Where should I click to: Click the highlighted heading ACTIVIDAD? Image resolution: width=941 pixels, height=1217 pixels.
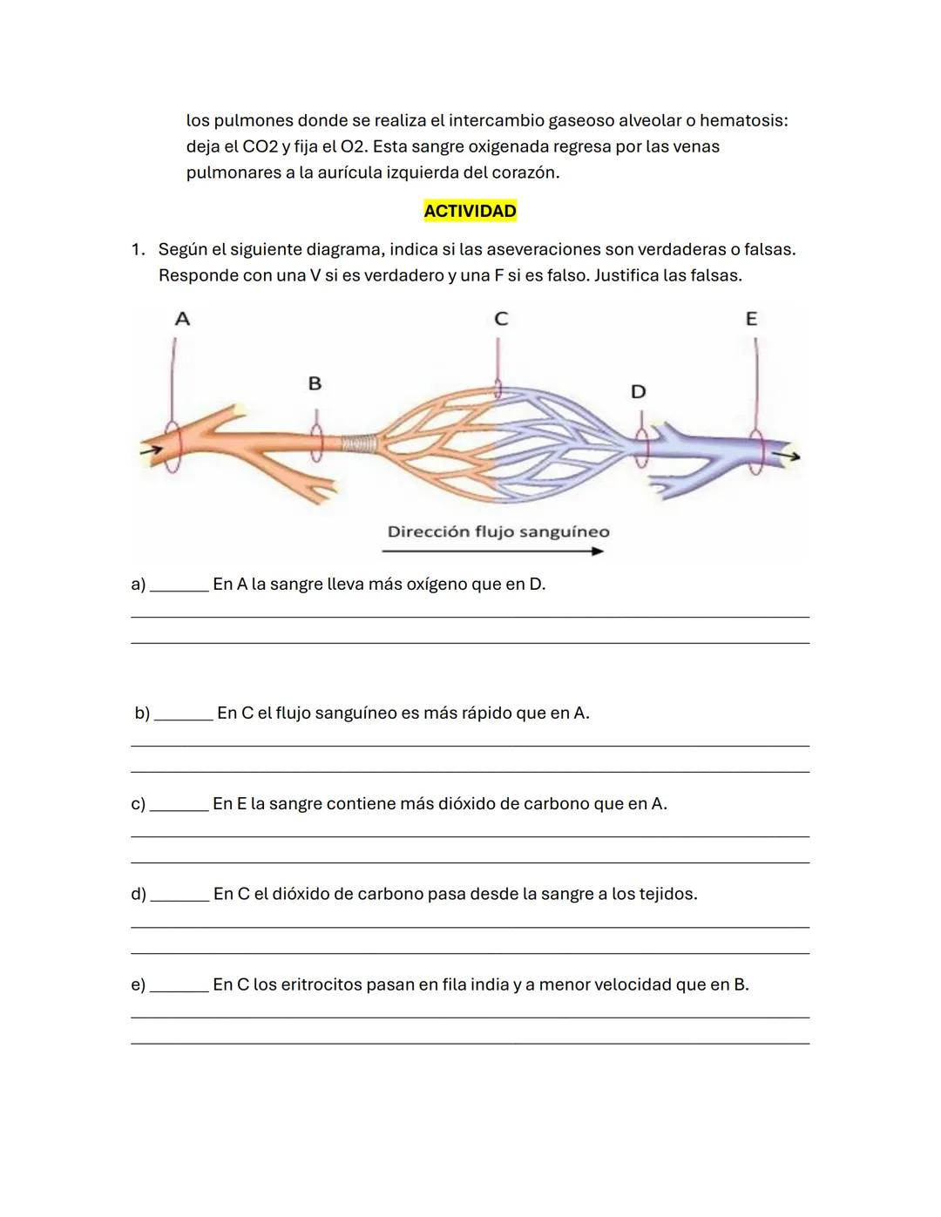pos(470,211)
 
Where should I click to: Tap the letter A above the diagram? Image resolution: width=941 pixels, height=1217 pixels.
pos(182,319)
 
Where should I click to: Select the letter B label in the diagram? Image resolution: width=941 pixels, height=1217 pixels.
pos(315,383)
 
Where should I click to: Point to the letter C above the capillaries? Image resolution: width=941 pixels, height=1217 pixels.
pos(500,319)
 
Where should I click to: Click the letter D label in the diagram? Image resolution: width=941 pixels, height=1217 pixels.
pos(638,392)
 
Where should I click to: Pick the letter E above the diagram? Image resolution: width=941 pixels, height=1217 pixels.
pos(751,319)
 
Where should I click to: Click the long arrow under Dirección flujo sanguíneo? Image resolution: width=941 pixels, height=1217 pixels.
pos(492,551)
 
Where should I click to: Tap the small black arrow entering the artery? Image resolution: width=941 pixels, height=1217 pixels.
pos(151,450)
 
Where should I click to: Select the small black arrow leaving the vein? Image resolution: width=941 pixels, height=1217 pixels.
pos(789,455)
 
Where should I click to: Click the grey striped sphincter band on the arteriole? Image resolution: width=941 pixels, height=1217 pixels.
pos(357,444)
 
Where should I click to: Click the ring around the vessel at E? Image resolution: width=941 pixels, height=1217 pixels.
pos(756,452)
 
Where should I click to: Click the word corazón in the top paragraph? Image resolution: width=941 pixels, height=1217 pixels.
pos(526,172)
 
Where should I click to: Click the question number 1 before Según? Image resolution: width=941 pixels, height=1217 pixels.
pos(136,250)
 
